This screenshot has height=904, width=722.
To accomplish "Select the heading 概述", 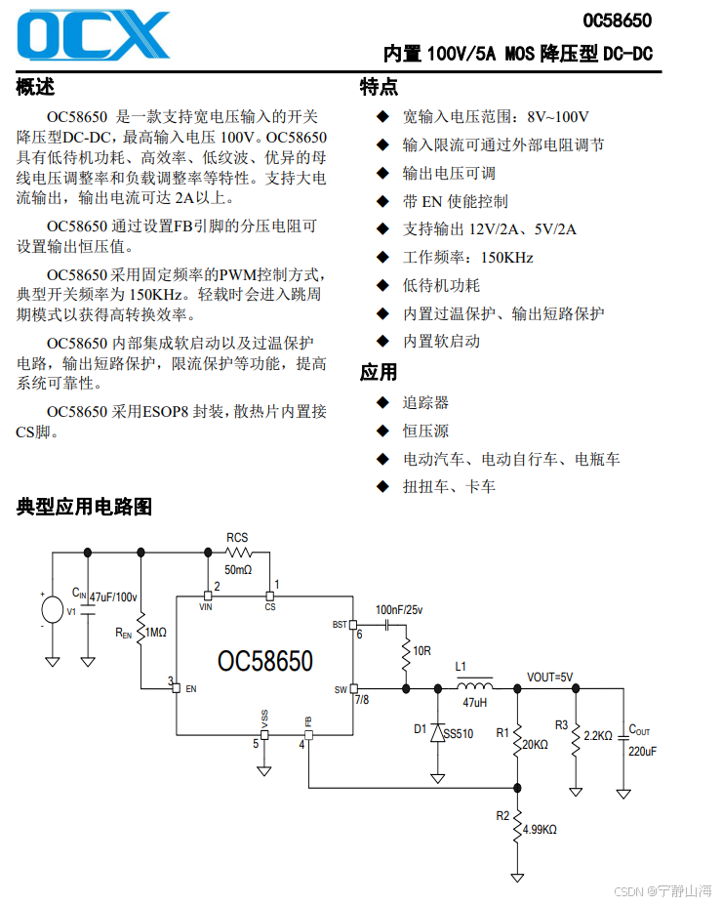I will (x=36, y=87).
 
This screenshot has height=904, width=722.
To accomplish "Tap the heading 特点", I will (x=379, y=87).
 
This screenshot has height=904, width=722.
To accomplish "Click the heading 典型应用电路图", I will (x=85, y=507).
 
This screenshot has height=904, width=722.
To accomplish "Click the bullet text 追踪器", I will (x=426, y=402).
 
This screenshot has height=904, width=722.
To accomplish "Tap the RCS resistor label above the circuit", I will (x=237, y=538).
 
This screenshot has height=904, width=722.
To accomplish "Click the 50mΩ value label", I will (x=238, y=569).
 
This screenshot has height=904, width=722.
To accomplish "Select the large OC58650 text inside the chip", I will (x=265, y=662).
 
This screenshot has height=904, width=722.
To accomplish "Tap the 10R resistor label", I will (x=422, y=650).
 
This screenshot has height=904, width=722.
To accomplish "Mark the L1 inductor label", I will (x=461, y=668).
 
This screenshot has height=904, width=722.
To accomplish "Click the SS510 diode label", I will (x=459, y=734).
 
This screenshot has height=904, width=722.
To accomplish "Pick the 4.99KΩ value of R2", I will (x=540, y=830).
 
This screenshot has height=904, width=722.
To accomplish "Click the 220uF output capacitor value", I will (x=642, y=752).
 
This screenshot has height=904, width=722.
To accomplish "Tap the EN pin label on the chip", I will (x=191, y=689).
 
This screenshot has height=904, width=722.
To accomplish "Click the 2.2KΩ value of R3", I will (x=598, y=735).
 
